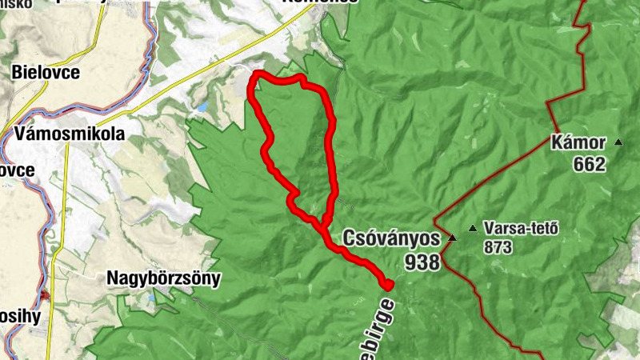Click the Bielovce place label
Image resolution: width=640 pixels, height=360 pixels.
(46, 72)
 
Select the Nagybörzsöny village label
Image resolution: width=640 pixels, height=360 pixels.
(163, 278)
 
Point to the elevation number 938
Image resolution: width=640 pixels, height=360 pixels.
(422, 260)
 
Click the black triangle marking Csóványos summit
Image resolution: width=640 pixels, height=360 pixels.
(452, 238)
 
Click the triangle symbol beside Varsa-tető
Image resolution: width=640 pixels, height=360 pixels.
(472, 229)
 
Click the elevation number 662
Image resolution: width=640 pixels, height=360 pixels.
(590, 165)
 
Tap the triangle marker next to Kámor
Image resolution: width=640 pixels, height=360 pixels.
(618, 143)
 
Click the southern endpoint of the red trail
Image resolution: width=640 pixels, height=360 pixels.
(390, 285)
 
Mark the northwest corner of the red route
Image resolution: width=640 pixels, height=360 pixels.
(256, 76)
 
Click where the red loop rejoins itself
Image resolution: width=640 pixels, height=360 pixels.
(325, 222)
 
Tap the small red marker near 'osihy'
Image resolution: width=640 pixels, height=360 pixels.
(46, 295)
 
